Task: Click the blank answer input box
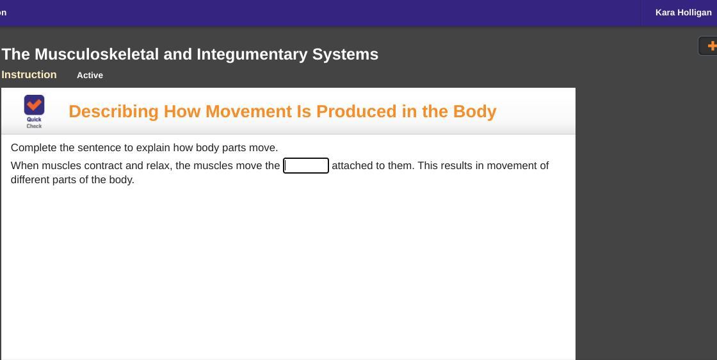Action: [x=306, y=166]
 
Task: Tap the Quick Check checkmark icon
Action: [x=35, y=105]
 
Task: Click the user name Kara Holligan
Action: [x=683, y=12]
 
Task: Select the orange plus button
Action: [x=711, y=45]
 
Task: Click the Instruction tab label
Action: [x=29, y=74]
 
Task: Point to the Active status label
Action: [x=90, y=75]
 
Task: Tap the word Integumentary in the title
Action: [x=252, y=54]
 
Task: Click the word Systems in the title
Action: [x=345, y=54]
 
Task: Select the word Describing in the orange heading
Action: [x=113, y=111]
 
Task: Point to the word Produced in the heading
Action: [x=356, y=111]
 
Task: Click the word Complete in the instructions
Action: [x=34, y=148]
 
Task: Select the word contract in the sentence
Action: [x=106, y=166]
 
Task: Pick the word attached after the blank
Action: [x=353, y=166]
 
